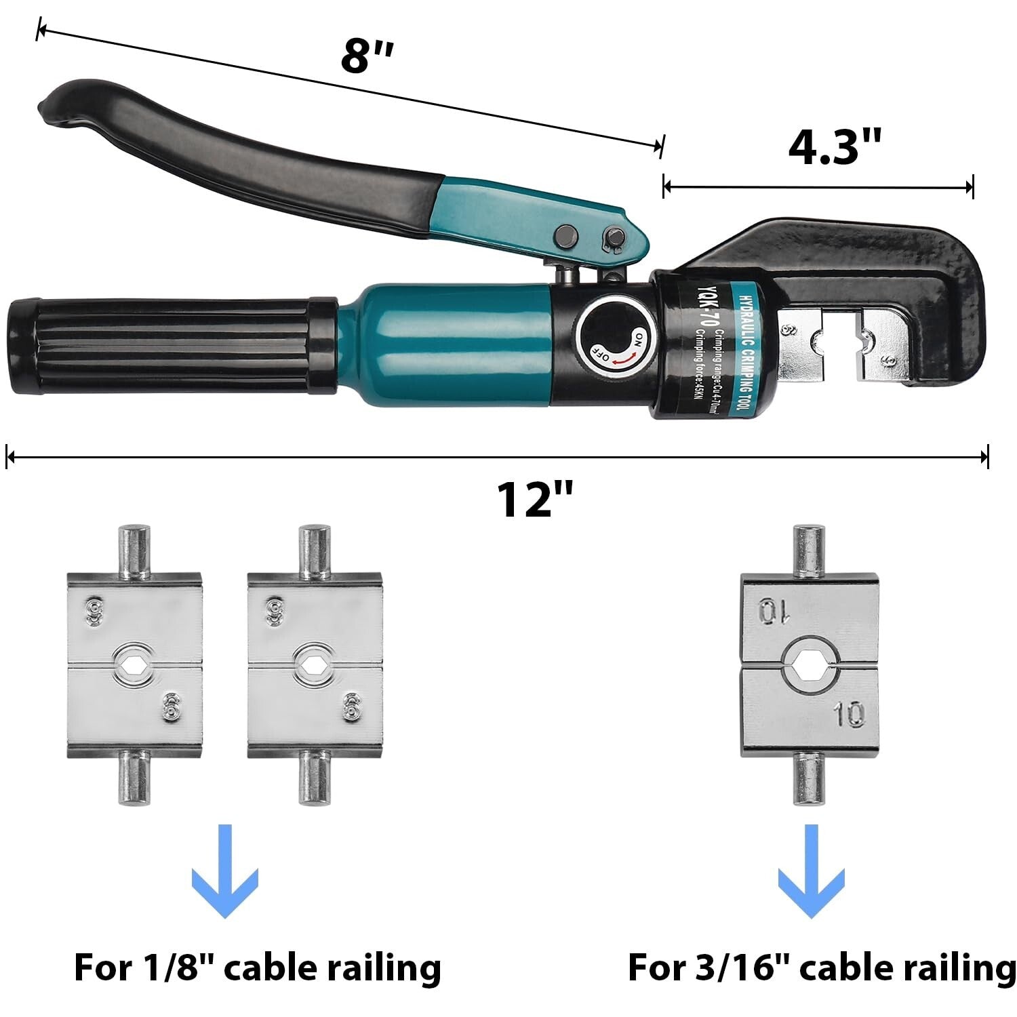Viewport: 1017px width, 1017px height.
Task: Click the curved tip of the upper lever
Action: (58, 102)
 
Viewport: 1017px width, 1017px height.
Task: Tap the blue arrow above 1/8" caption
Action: (225, 871)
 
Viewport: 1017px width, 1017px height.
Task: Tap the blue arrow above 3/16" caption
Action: (811, 871)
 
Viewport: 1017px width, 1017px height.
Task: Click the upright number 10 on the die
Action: (850, 714)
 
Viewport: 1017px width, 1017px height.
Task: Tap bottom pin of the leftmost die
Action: (134, 778)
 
